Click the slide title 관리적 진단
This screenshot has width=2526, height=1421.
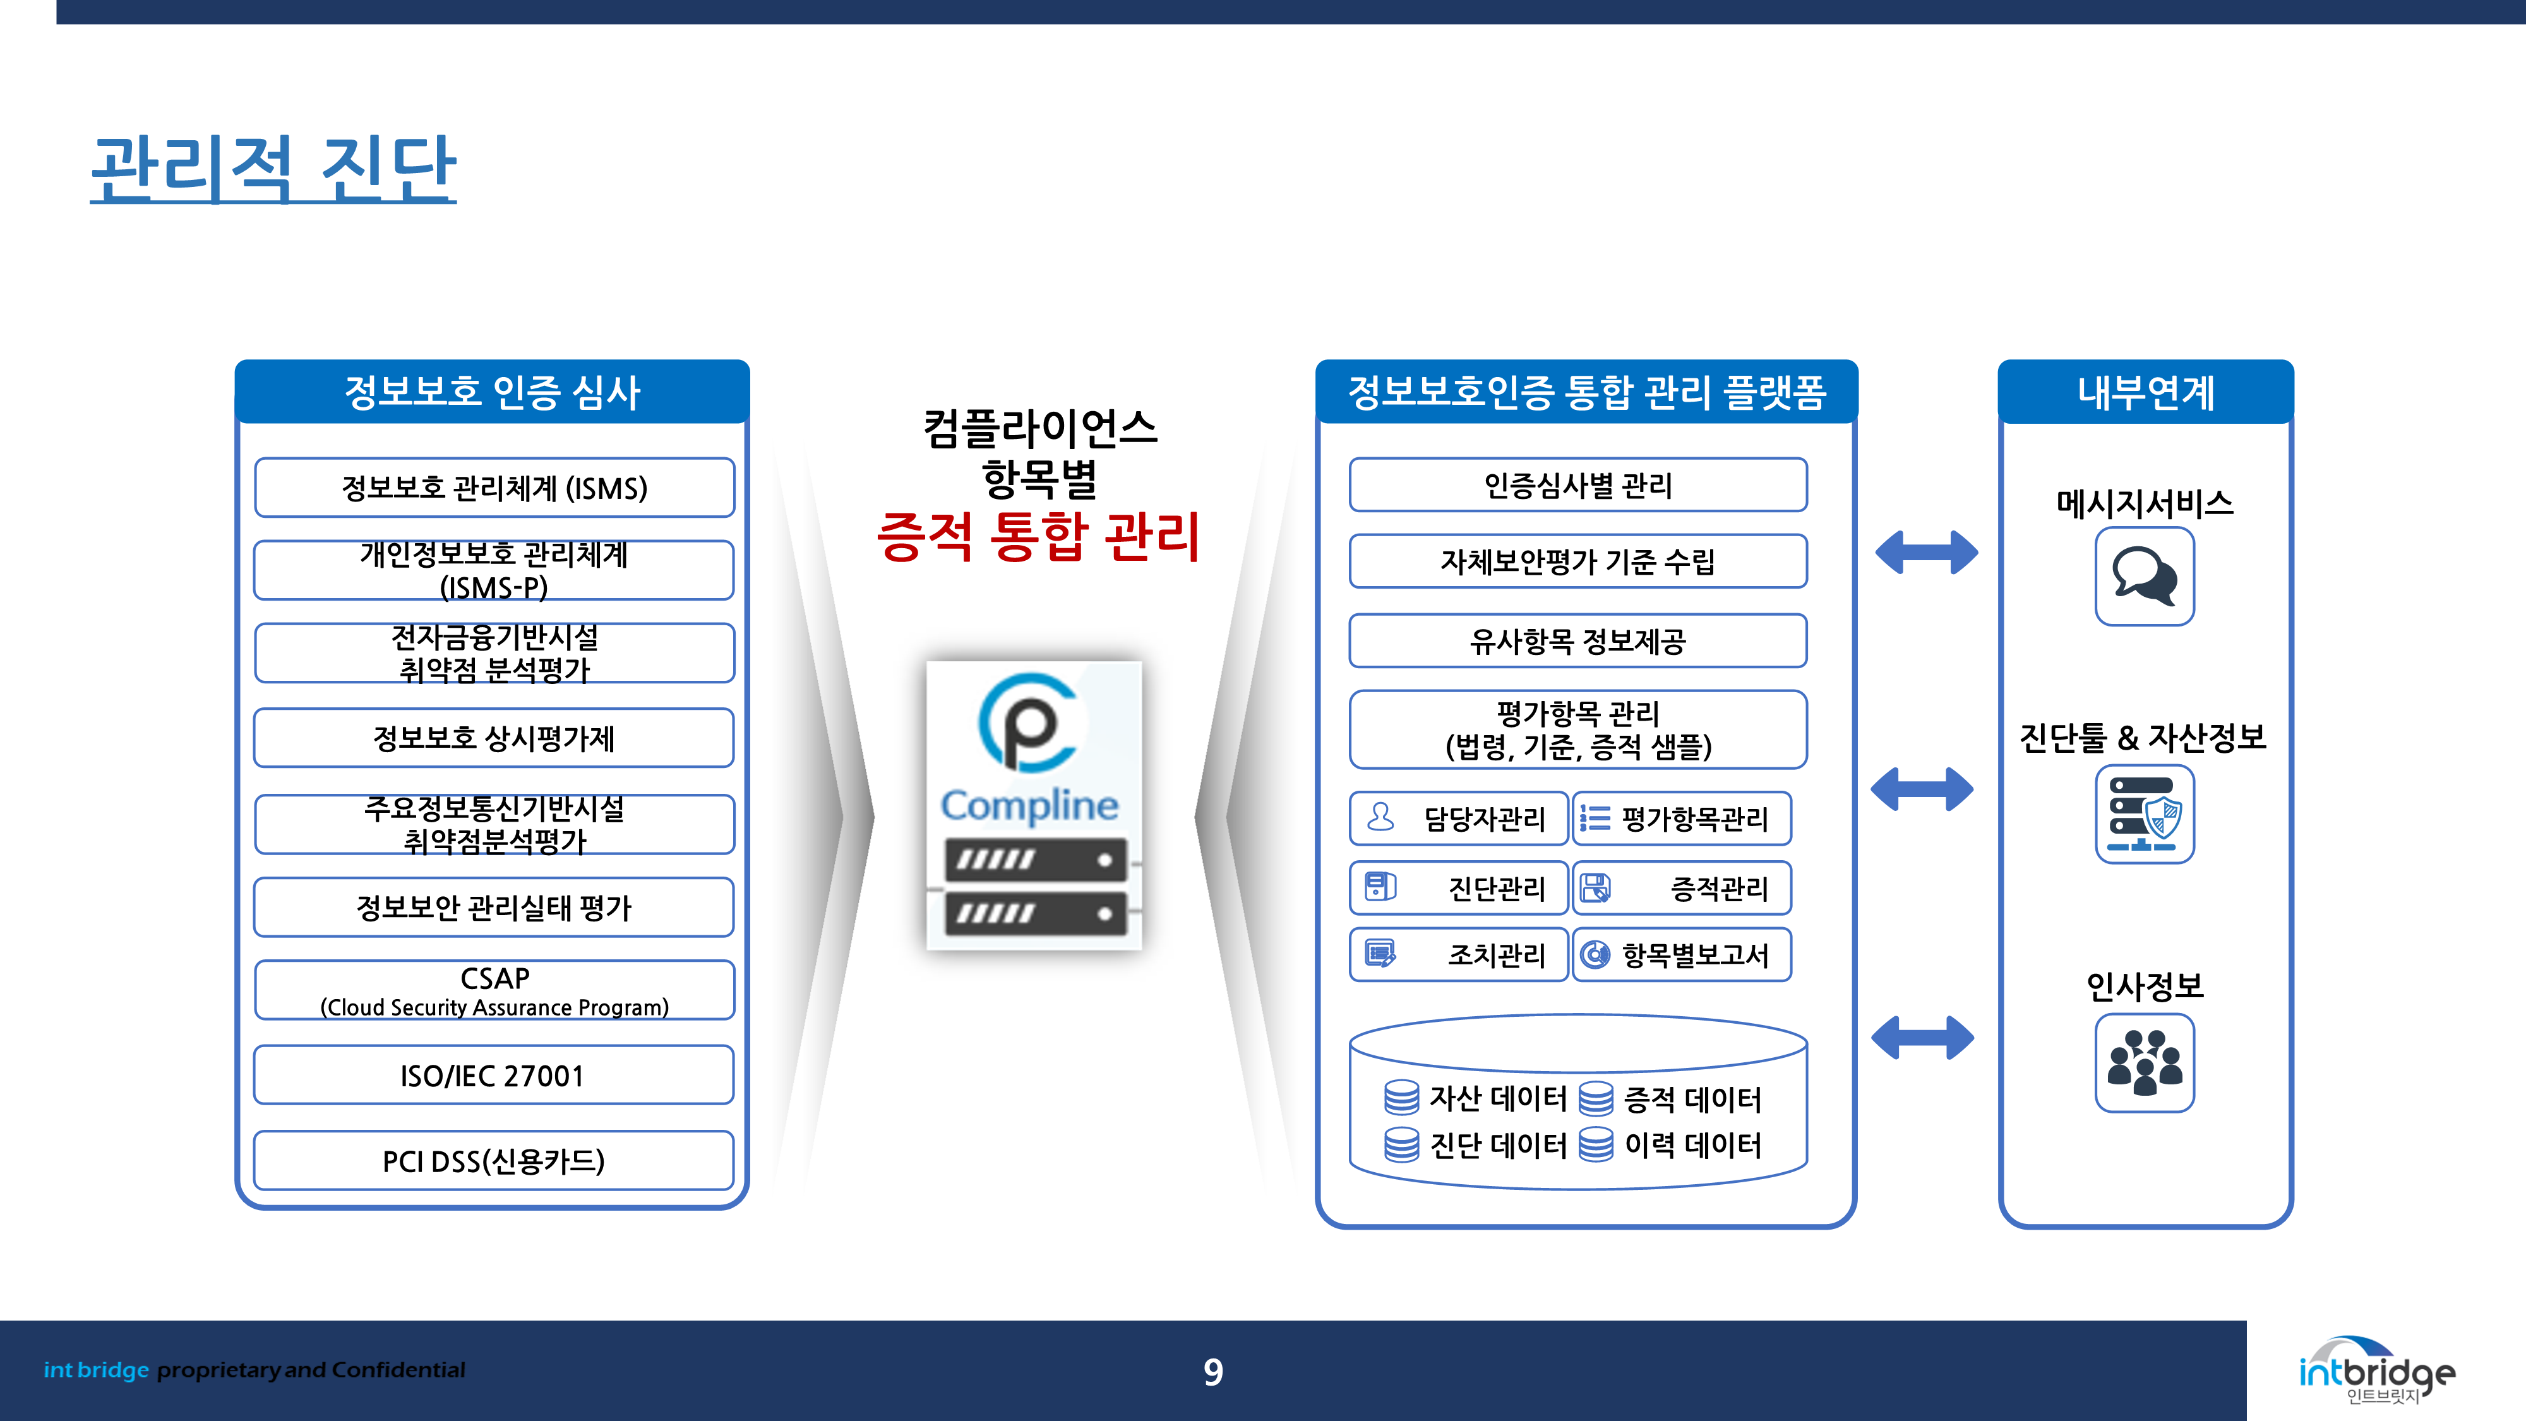click(x=273, y=169)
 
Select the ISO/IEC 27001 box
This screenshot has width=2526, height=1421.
click(x=493, y=1076)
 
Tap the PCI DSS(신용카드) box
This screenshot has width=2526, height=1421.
click(x=493, y=1161)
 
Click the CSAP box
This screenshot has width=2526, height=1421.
click(x=493, y=990)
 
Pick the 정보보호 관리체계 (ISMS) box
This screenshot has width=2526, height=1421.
click(x=493, y=488)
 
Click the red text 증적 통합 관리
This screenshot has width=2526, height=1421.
click(x=1038, y=537)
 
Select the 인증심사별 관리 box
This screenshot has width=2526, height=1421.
click(x=1577, y=484)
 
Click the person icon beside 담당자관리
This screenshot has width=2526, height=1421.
click(x=1380, y=817)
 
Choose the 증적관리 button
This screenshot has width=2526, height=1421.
click(x=1682, y=889)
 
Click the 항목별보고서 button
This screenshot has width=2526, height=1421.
click(x=1682, y=954)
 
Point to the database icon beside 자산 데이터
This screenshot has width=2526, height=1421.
click(x=1401, y=1098)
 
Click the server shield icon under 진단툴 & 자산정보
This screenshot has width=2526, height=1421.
click(x=2145, y=814)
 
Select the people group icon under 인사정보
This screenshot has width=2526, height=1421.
click(x=2145, y=1063)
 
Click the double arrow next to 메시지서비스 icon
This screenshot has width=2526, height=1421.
click(x=1926, y=552)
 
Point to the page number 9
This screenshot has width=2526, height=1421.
click(x=1213, y=1372)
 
